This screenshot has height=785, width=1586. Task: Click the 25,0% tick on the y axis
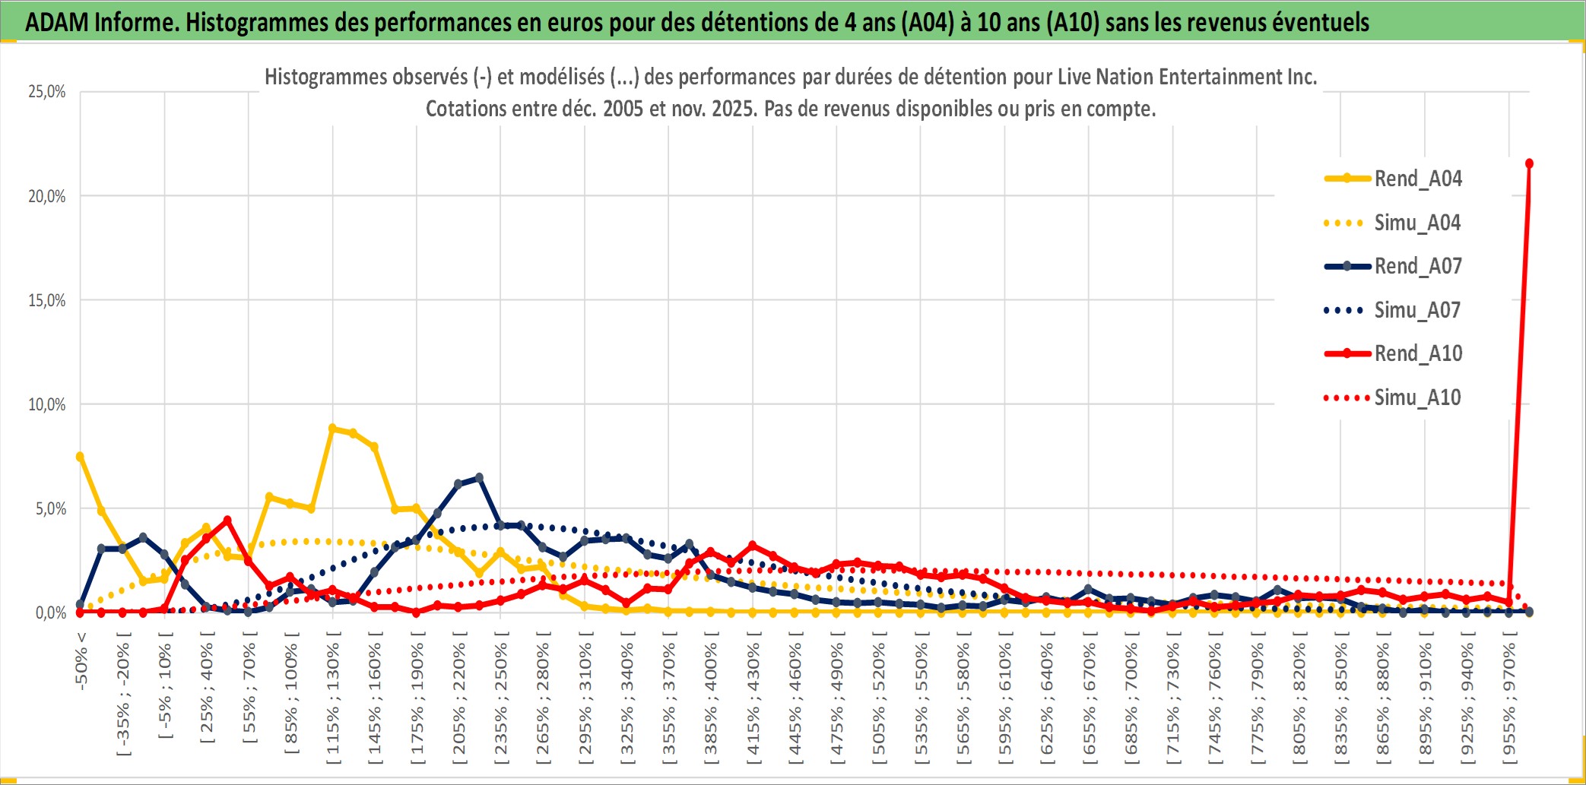[x=47, y=92]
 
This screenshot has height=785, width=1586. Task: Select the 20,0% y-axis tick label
[x=47, y=196]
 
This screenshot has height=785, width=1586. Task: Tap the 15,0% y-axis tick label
[x=47, y=300]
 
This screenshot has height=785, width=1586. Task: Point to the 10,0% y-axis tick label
[x=47, y=404]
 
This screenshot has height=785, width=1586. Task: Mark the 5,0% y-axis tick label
[x=51, y=508]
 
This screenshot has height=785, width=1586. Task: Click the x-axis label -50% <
[x=81, y=660]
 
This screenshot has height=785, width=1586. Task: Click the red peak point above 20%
[x=1529, y=163]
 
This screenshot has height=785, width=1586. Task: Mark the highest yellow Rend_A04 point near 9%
[x=332, y=429]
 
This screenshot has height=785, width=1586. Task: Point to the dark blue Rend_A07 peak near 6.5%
[x=479, y=478]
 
